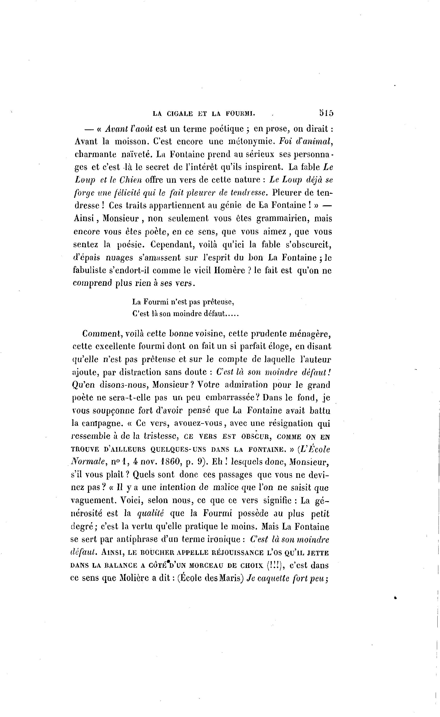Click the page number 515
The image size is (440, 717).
(x=326, y=113)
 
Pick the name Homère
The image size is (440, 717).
(x=229, y=270)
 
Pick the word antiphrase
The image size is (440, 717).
(x=136, y=540)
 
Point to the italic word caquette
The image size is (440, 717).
(x=272, y=578)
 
